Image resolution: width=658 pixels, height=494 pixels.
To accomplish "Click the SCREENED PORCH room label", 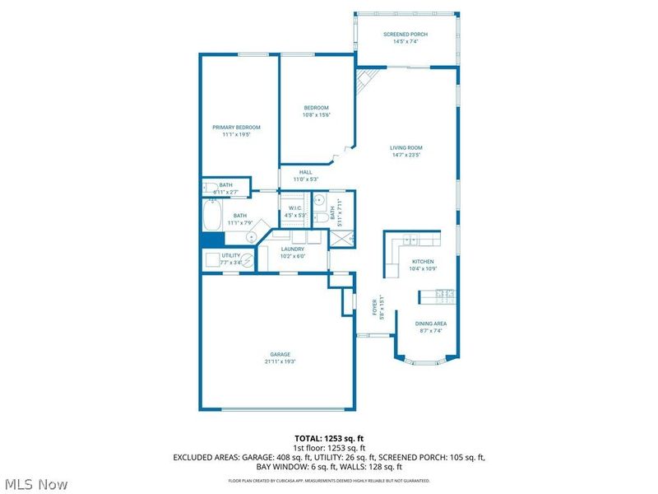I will click(405, 34).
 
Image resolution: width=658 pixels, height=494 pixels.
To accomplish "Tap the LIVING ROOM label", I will click(405, 148).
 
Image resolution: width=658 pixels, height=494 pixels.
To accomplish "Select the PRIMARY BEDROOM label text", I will click(236, 128).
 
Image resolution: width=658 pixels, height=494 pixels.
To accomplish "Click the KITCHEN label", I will click(423, 261).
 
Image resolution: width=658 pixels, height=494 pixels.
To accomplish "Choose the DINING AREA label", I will click(430, 324).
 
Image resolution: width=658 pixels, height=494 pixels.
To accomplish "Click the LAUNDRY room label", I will click(293, 249).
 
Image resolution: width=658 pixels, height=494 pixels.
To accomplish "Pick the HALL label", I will click(305, 172).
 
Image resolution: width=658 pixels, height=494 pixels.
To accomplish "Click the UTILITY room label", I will click(230, 255).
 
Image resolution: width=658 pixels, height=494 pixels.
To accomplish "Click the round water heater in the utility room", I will click(248, 259).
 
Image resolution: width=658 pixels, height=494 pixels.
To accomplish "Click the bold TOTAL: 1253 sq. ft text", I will click(328, 438).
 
